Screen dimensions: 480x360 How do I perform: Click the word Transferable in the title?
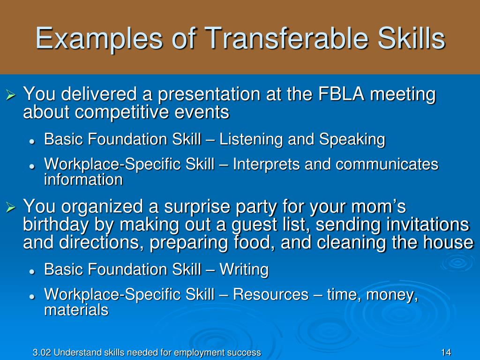coord(286,38)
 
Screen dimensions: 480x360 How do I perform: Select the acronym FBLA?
coord(341,94)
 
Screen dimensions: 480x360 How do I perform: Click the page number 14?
coord(446,352)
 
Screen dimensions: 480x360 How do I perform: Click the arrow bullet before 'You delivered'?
coord(11,95)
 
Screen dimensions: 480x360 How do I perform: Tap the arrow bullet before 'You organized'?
coord(11,207)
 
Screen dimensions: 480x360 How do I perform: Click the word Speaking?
coord(352,140)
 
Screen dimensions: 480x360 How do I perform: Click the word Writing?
coord(244,270)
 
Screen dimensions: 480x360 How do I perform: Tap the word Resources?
coord(270,294)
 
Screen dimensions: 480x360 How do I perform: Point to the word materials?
coord(76,310)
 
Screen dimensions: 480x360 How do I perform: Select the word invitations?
coord(428,225)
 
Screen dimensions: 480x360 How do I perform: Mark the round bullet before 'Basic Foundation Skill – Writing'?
coord(31,271)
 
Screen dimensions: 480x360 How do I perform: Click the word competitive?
coord(121,112)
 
